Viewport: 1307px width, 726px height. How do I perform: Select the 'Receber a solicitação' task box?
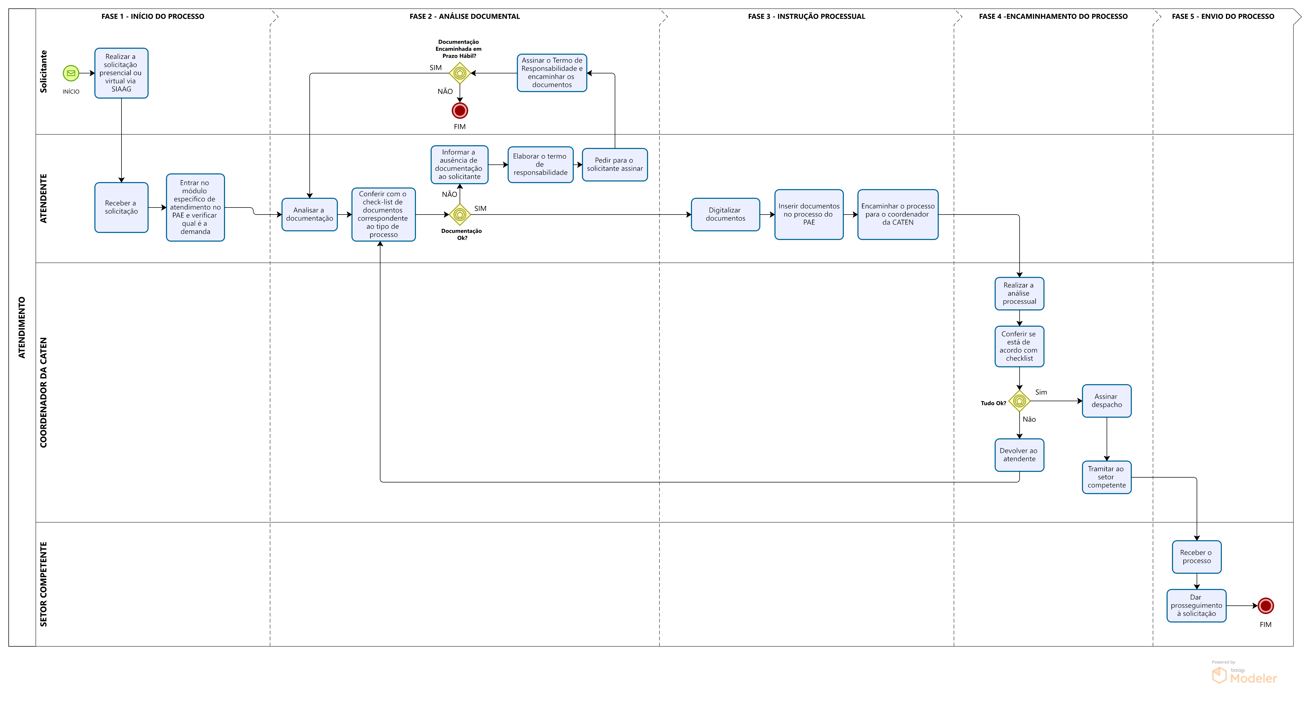point(121,207)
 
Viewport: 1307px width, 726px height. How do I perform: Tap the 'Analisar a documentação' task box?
point(309,215)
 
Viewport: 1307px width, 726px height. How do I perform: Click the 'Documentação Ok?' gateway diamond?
point(460,215)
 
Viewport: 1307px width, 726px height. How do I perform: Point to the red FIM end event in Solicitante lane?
point(460,111)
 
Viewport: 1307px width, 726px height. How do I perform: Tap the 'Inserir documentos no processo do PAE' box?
point(809,215)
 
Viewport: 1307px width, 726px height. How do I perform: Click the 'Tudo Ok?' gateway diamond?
point(1019,401)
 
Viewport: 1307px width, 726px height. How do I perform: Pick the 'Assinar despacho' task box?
point(1107,401)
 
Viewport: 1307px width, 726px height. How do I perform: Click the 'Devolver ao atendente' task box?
point(1019,455)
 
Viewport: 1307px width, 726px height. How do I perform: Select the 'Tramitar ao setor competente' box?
point(1107,477)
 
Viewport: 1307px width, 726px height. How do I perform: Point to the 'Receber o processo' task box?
point(1196,557)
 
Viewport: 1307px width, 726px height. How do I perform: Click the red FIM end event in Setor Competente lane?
point(1266,605)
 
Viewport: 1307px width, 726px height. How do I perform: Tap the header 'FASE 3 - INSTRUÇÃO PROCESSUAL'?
point(806,16)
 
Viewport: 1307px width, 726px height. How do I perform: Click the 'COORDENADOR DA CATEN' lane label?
point(44,393)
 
